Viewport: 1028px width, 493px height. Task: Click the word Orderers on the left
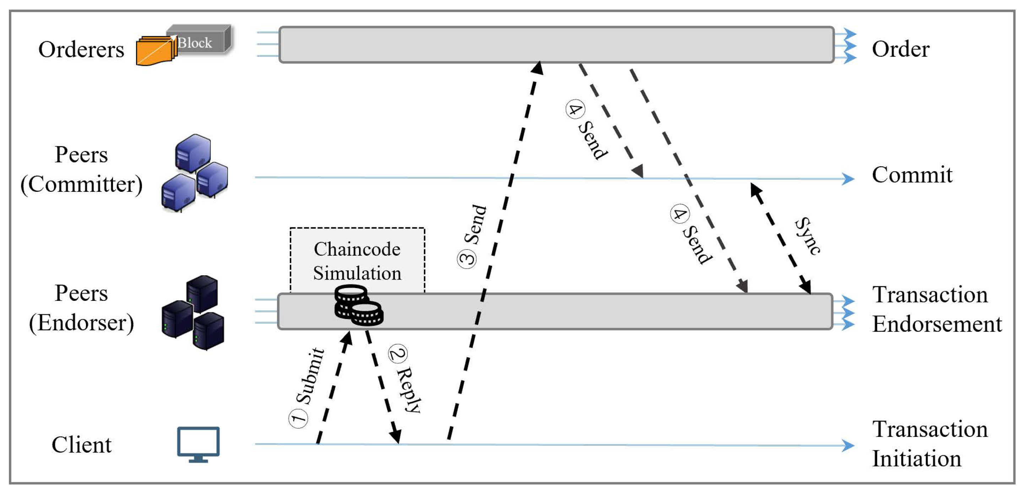pyautogui.click(x=81, y=49)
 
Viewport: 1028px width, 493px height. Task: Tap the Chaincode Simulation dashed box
pyautogui.click(x=357, y=255)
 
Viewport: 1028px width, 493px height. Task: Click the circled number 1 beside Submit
pyautogui.click(x=298, y=418)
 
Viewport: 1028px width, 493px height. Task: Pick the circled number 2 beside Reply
pyautogui.click(x=397, y=353)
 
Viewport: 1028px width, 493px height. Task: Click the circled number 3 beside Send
pyautogui.click(x=467, y=259)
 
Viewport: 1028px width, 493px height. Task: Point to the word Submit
pyautogui.click(x=310, y=375)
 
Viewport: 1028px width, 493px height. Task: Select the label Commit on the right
pyautogui.click(x=912, y=175)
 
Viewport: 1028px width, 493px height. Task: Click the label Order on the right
pyautogui.click(x=900, y=49)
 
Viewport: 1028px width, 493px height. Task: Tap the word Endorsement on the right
pyautogui.click(x=937, y=324)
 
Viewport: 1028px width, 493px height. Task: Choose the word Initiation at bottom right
pyautogui.click(x=916, y=458)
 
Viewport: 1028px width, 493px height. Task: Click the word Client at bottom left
pyautogui.click(x=81, y=445)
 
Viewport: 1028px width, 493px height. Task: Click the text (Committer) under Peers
pyautogui.click(x=81, y=184)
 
